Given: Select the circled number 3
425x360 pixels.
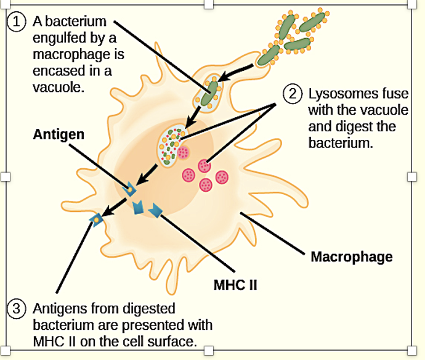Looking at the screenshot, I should pyautogui.click(x=17, y=308).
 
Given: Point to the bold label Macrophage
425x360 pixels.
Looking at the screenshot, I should pyautogui.click(x=351, y=256).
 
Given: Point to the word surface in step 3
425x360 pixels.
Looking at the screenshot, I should pyautogui.click(x=174, y=340).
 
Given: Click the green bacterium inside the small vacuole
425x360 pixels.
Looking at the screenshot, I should pyautogui.click(x=211, y=91).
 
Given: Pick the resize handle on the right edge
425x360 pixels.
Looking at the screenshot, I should pyautogui.click(x=420, y=177).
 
